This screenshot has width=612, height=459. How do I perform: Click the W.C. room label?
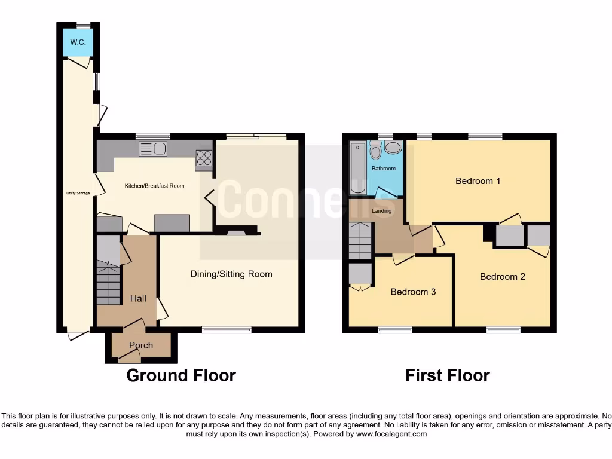(78, 42)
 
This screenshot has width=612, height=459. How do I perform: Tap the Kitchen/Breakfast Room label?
(154, 186)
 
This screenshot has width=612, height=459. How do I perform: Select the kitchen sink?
(153, 149)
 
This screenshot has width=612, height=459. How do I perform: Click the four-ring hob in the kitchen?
(203, 158)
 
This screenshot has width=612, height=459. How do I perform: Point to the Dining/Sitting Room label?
(231, 274)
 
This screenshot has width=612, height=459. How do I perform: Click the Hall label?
(138, 298)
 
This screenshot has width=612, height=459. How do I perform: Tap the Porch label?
(141, 345)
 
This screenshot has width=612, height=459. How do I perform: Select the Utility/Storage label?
(77, 193)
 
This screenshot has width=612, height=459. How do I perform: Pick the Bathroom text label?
(384, 169)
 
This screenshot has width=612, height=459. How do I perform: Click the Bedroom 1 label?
(478, 181)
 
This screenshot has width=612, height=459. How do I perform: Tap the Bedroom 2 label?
(502, 277)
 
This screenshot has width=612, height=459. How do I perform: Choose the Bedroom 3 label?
(413, 292)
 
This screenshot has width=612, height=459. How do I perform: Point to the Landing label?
(382, 211)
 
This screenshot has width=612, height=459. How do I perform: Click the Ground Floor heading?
(181, 375)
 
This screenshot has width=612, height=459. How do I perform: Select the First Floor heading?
(447, 375)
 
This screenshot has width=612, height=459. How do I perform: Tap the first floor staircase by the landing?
(360, 240)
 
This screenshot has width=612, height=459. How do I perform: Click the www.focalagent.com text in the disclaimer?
(392, 434)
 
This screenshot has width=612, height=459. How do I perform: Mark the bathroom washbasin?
(393, 148)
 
